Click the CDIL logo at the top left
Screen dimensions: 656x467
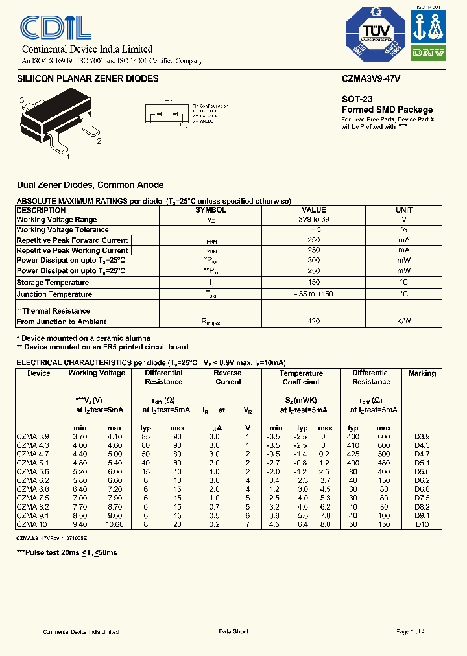[x=56, y=29]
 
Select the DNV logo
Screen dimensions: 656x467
[x=429, y=53]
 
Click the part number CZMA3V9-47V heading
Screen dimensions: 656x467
[x=371, y=79]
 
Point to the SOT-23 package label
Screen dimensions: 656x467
[x=357, y=100]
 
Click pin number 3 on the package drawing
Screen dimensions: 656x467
[x=22, y=100]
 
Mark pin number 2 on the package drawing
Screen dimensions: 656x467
[x=99, y=141]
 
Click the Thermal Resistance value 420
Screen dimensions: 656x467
[x=314, y=322]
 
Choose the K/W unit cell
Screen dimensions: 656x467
[x=403, y=322]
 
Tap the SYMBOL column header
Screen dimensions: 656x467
[x=211, y=210]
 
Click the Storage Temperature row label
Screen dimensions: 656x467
[x=53, y=283]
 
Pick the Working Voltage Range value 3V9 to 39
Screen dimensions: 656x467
[x=314, y=220]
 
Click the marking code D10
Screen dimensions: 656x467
[x=422, y=524]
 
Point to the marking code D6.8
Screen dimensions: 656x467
[x=422, y=489]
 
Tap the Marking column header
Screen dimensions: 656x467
[x=422, y=373]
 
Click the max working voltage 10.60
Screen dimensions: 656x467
[x=114, y=524]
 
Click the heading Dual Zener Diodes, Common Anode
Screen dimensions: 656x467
[x=90, y=185]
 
